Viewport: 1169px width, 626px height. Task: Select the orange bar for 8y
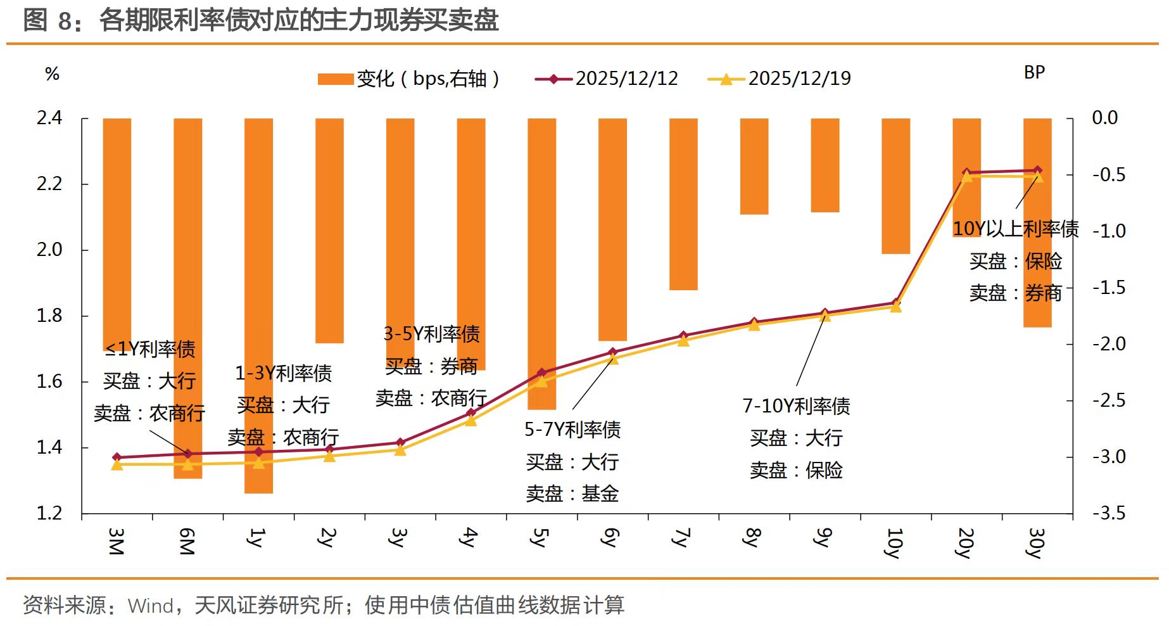click(754, 166)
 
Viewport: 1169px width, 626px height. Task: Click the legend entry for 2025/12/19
click(780, 79)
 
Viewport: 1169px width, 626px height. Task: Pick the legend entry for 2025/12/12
click(607, 79)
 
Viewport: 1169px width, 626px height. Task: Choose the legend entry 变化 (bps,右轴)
click(408, 79)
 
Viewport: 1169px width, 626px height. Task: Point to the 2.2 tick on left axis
click(49, 184)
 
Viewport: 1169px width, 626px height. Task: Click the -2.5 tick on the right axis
click(1109, 400)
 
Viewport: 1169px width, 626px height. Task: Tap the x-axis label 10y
click(894, 542)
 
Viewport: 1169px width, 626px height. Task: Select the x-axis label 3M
click(116, 540)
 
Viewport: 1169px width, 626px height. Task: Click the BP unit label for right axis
click(1034, 73)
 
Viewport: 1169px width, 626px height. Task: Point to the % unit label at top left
click(53, 74)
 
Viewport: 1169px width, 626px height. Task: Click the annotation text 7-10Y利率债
click(796, 406)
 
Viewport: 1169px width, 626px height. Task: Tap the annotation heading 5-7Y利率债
click(572, 430)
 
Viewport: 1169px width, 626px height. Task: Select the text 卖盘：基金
click(572, 494)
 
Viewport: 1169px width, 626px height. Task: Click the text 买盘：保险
click(1016, 261)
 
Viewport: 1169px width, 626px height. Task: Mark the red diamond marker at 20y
click(966, 172)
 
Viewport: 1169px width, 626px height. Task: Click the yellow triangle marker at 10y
click(895, 307)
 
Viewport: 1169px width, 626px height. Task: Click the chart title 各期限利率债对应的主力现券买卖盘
click(299, 20)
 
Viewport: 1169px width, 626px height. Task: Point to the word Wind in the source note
click(151, 606)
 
